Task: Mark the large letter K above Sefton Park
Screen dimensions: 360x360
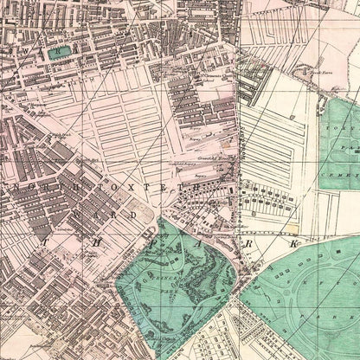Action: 294,246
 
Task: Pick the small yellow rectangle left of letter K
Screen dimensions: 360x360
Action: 275,245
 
